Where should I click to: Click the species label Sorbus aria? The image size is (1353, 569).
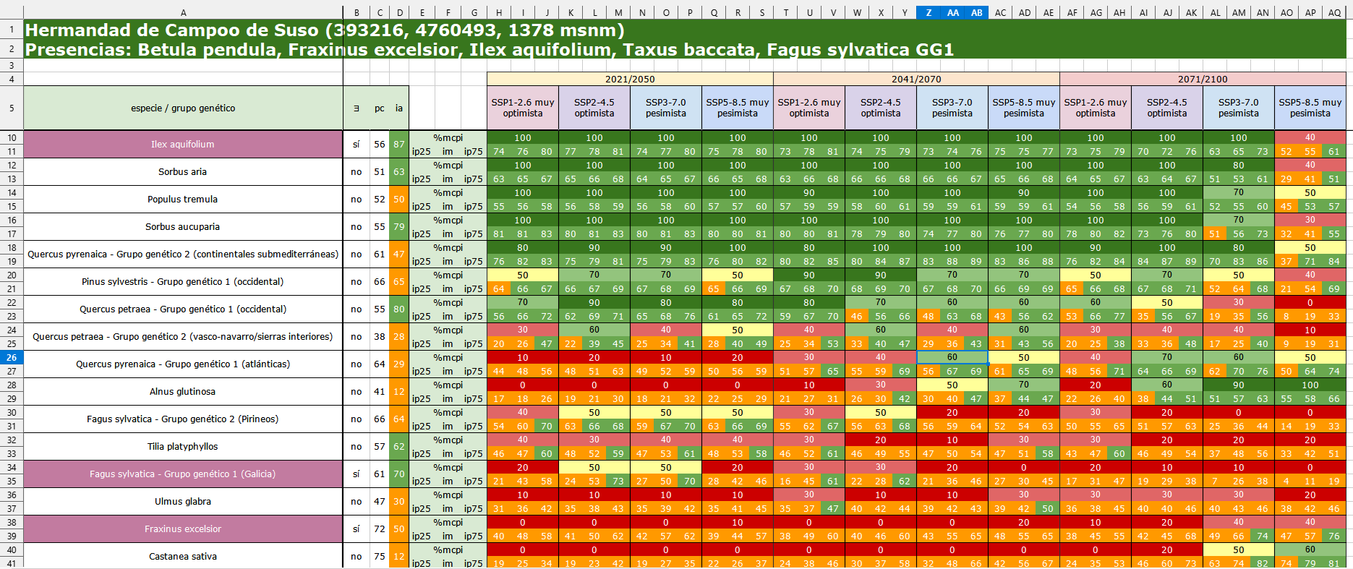point(182,172)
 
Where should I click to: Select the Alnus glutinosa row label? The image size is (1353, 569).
point(182,392)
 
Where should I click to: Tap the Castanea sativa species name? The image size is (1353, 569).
point(182,557)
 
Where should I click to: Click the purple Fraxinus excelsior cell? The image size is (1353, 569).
point(182,529)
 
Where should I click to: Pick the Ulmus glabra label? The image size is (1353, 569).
point(182,502)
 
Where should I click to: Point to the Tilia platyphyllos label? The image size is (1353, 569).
point(182,447)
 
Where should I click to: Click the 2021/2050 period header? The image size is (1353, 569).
point(630,80)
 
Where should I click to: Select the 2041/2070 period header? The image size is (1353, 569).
point(916,80)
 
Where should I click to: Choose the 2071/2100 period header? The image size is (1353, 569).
point(1203,80)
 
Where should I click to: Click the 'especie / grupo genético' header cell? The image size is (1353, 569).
point(182,108)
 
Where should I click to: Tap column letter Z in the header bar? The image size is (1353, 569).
point(929,12)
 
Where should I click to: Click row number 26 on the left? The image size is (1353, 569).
point(12,358)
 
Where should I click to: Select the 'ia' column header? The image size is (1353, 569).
point(399,108)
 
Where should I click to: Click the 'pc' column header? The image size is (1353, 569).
point(379,108)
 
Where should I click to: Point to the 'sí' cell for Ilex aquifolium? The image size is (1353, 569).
point(356,145)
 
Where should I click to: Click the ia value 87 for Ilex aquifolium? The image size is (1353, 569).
point(399,145)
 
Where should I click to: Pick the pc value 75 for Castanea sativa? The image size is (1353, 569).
point(379,557)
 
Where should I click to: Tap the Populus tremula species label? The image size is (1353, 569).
point(182,200)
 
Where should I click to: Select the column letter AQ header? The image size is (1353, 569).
point(1334,12)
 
